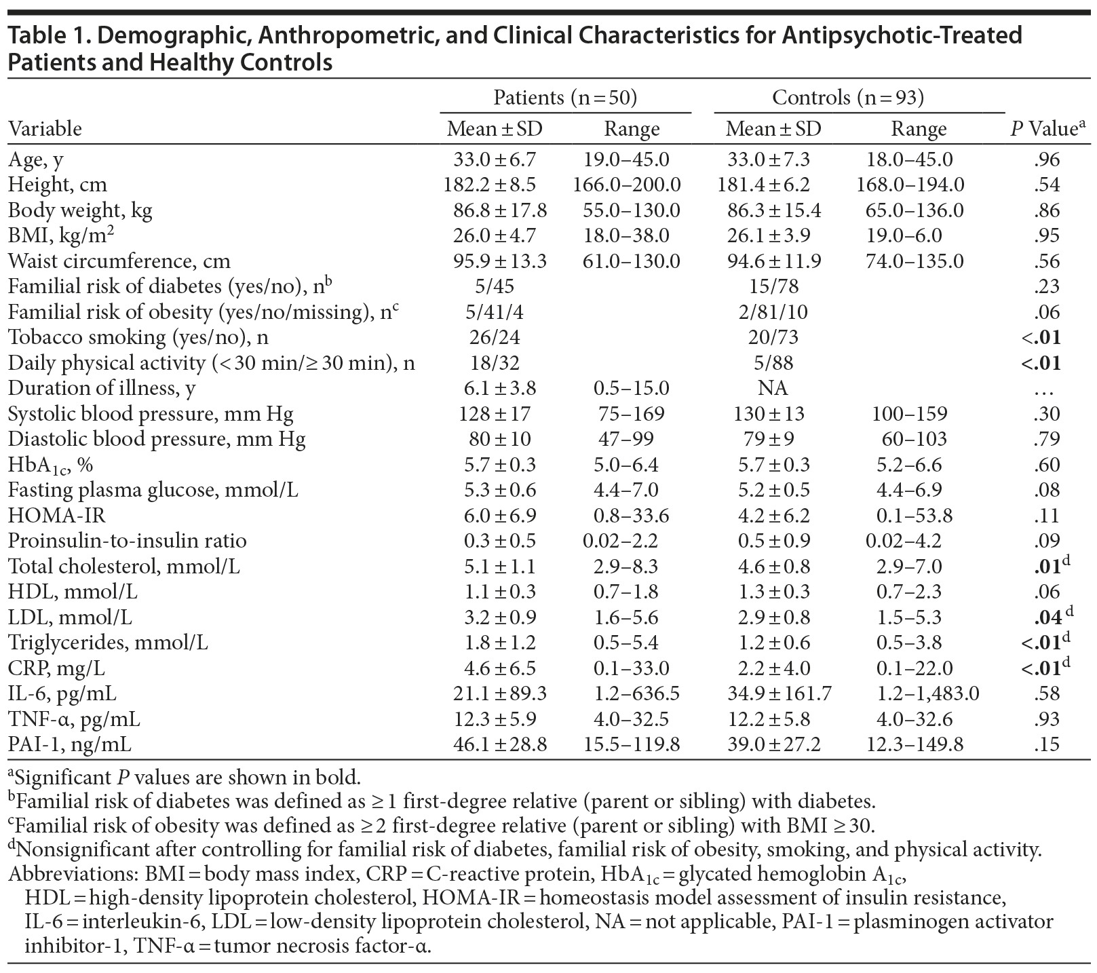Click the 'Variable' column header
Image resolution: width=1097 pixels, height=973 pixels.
pos(45,129)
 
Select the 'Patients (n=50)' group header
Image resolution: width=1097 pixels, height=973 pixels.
pos(564,98)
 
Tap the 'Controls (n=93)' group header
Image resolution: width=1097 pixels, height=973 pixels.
pos(848,98)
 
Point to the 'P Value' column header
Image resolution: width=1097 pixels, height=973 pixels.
pos(1044,129)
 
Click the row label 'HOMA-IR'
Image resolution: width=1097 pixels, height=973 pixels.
pos(57,516)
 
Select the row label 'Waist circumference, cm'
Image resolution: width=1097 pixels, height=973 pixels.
pos(119,261)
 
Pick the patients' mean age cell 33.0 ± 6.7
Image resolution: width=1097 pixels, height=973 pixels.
pos(495,159)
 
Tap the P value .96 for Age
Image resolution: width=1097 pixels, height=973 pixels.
pos(1048,159)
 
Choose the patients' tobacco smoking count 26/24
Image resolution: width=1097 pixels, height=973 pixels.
pos(495,337)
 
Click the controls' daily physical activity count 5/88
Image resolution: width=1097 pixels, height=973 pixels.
pos(773,363)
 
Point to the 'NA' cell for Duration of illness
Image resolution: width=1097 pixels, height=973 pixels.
pos(773,388)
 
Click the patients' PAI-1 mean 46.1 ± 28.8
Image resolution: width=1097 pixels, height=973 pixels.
pos(500,744)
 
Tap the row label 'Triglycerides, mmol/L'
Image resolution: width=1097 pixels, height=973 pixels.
pos(108,643)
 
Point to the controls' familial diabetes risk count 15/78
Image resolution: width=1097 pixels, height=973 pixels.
pos(773,286)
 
